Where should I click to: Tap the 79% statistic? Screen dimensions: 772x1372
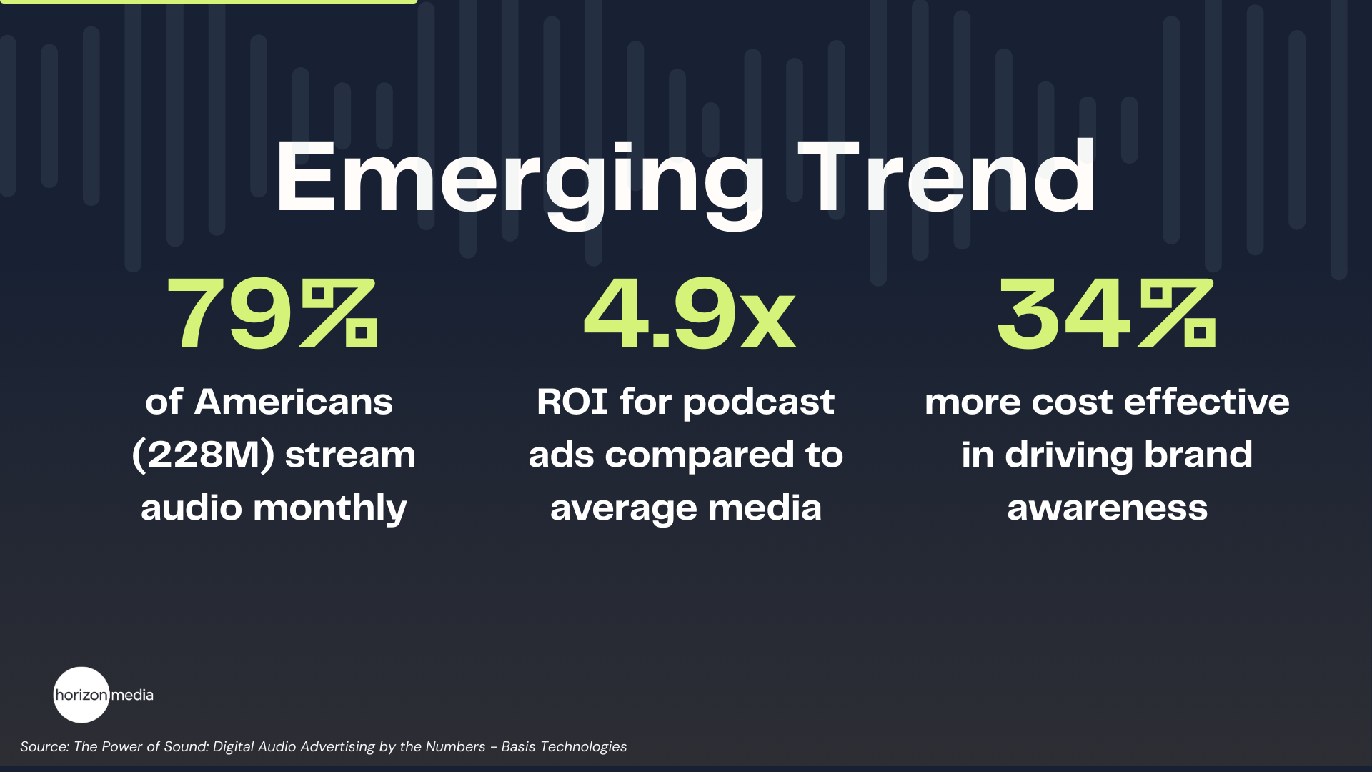coord(272,315)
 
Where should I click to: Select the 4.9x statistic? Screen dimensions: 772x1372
coord(690,315)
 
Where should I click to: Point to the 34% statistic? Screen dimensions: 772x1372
coord(1106,315)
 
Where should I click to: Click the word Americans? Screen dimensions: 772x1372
coord(294,402)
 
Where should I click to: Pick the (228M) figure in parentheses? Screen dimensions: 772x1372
coord(204,455)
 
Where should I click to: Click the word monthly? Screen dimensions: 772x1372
coord(329,508)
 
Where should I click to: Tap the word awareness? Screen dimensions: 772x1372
coord(1107,508)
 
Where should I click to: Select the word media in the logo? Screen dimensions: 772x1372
coord(132,695)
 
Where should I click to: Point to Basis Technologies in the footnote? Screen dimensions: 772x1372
coord(564,746)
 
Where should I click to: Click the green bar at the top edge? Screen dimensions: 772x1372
coord(208,1)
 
